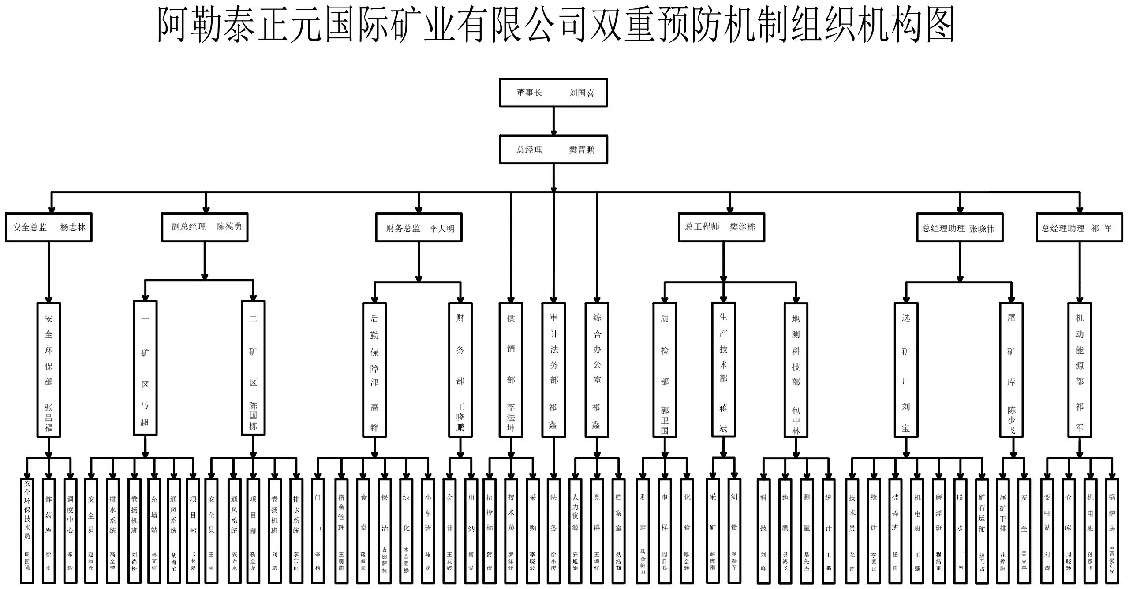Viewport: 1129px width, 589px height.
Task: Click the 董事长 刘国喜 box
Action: (x=553, y=93)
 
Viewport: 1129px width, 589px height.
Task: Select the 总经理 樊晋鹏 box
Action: (x=553, y=150)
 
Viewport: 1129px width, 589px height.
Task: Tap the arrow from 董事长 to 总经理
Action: (x=553, y=122)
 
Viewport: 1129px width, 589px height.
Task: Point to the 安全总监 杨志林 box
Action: (x=49, y=227)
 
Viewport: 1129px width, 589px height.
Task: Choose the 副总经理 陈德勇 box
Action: (x=205, y=227)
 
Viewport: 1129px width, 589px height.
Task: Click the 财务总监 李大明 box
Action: (x=419, y=228)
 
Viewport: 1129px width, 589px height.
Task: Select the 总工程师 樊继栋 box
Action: (x=721, y=227)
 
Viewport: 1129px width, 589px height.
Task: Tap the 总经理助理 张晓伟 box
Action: (x=960, y=228)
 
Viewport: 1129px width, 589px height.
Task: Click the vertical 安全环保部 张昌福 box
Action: (x=49, y=370)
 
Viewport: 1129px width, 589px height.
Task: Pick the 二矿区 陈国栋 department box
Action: (x=253, y=368)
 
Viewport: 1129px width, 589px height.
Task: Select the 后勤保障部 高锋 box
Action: (x=374, y=370)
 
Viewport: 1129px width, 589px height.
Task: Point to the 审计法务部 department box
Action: (x=553, y=370)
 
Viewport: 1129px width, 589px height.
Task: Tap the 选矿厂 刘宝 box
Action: (x=906, y=370)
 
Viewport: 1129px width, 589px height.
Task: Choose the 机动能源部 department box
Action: (x=1079, y=370)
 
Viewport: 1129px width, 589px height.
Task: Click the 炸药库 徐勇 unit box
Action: (x=49, y=531)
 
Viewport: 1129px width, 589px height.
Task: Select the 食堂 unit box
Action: (x=363, y=531)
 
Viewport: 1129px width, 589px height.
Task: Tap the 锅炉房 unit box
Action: (x=1111, y=531)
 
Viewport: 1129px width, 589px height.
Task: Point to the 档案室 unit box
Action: (x=618, y=531)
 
